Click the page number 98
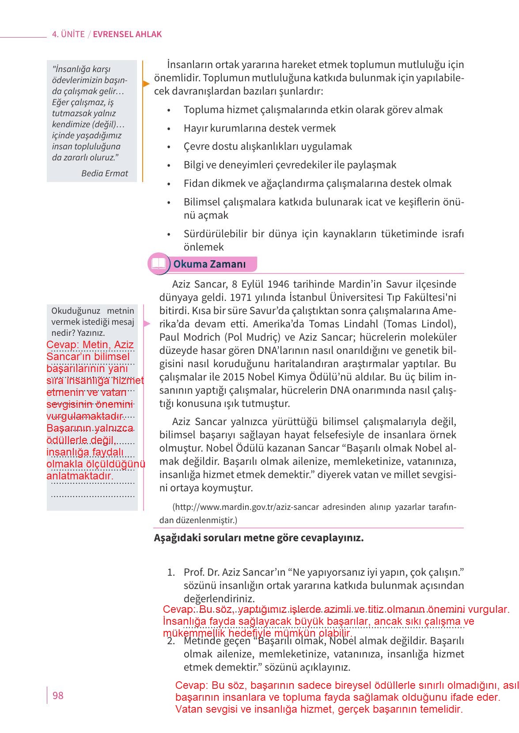(x=58, y=696)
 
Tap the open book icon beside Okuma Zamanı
(x=158, y=264)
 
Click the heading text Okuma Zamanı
(x=209, y=264)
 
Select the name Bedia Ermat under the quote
(x=105, y=173)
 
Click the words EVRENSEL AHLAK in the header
(x=127, y=34)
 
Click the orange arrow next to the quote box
(x=146, y=83)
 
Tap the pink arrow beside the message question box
(x=147, y=324)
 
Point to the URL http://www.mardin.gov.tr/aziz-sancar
(x=247, y=507)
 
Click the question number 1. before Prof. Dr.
(x=171, y=573)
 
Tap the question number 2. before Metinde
(x=171, y=641)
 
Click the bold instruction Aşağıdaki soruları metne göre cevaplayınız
(x=258, y=538)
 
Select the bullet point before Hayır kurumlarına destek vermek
(x=169, y=129)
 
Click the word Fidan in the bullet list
(x=195, y=183)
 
